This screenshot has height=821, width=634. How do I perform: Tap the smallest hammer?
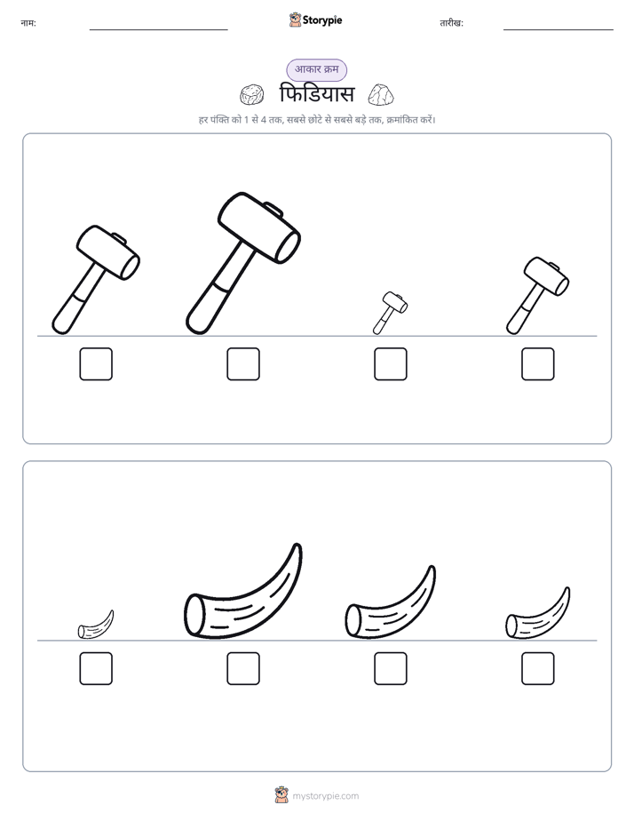(x=390, y=313)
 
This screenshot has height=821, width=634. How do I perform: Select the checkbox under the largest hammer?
(x=243, y=364)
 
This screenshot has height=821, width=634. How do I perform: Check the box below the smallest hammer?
(x=391, y=364)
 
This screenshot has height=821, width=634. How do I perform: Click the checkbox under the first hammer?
(x=96, y=364)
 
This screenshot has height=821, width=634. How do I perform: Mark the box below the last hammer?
(x=538, y=364)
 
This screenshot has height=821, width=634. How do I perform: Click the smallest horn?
(x=96, y=626)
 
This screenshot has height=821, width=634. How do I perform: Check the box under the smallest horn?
(x=96, y=669)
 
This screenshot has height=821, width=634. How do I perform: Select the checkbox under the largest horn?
(x=243, y=669)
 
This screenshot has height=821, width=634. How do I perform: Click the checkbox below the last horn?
(x=538, y=669)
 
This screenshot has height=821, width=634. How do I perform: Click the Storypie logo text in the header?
(x=322, y=20)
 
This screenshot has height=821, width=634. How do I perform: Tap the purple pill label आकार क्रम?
(x=316, y=69)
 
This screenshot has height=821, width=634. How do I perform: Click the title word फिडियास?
(x=317, y=94)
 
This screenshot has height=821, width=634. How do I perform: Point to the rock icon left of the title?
(x=251, y=95)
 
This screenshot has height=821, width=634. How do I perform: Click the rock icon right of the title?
(x=381, y=94)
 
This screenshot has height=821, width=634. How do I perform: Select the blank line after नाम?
(x=158, y=30)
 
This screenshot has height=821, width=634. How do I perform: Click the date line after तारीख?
(x=559, y=30)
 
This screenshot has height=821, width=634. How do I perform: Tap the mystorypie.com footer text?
(x=325, y=796)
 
